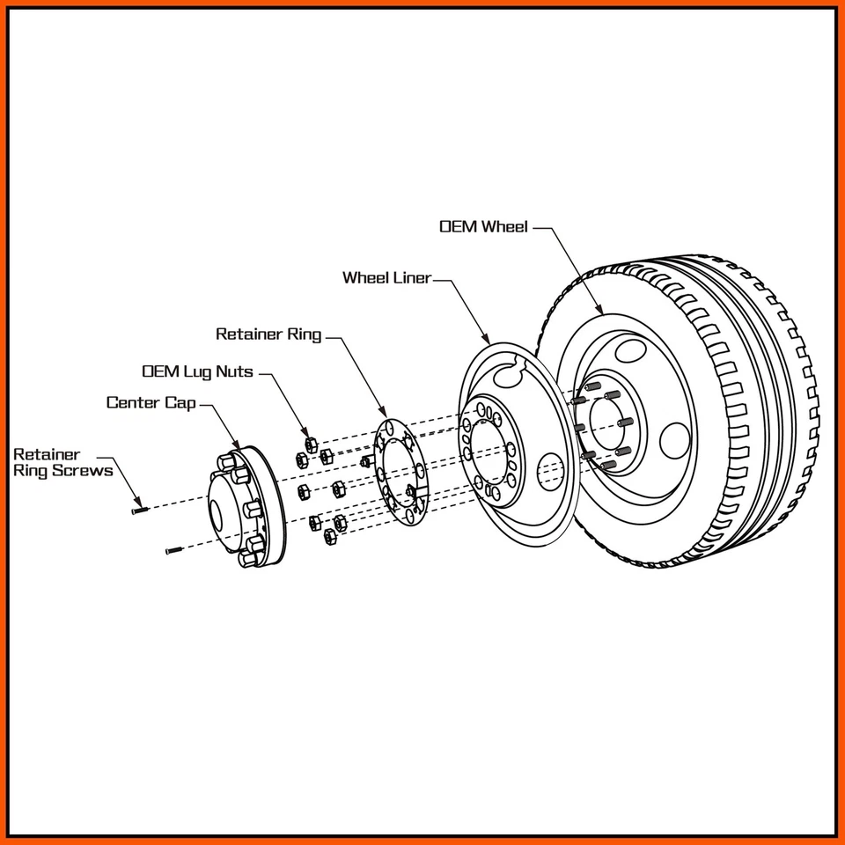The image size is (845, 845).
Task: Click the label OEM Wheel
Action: tap(483, 226)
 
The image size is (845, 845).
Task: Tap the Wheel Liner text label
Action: tap(387, 277)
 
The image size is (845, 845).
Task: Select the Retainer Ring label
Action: tap(268, 334)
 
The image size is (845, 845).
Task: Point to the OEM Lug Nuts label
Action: tap(197, 371)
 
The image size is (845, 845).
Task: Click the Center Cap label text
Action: tap(151, 402)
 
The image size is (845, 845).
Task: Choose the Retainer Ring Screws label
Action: tap(63, 462)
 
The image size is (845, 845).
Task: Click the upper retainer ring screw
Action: tap(140, 510)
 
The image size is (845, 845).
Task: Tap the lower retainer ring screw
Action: tap(173, 550)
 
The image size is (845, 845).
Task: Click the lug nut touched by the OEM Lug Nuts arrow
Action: tap(311, 445)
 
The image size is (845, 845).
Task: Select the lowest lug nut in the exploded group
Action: tap(329, 536)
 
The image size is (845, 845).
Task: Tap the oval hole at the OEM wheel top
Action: tap(631, 350)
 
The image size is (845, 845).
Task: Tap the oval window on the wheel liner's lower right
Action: tap(549, 472)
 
